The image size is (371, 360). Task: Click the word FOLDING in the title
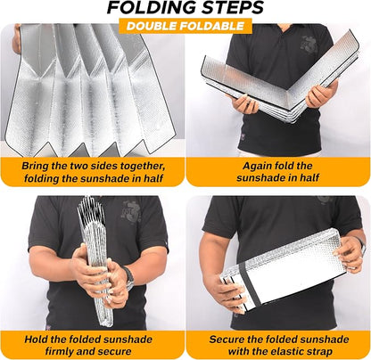click(152, 8)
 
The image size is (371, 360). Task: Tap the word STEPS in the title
click(232, 8)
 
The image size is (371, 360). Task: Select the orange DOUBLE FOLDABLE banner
click(185, 26)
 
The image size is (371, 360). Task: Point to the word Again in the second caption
click(258, 166)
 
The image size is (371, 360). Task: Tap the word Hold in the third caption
click(35, 340)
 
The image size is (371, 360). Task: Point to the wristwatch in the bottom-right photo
click(362, 245)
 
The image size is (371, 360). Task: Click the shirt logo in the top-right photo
click(309, 45)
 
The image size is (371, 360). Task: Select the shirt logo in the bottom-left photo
click(130, 212)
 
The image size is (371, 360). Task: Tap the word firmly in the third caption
click(59, 352)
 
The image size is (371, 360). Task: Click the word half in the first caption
click(153, 178)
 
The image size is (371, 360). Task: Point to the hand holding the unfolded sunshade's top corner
click(16, 38)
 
